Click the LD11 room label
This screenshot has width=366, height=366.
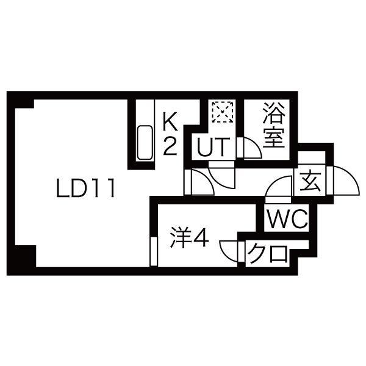tap(85, 188)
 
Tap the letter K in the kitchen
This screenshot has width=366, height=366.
tap(170, 120)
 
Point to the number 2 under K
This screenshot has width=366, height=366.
tap(170, 146)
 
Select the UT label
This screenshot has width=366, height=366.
tap(214, 147)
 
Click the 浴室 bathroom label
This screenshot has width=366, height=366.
tap(273, 125)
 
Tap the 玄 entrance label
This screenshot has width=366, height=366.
tap(310, 182)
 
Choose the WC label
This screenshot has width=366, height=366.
tap(287, 218)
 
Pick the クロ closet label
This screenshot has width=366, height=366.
tap(268, 254)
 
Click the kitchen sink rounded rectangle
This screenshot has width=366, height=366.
tap(145, 143)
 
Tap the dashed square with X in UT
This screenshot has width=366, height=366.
tap(223, 112)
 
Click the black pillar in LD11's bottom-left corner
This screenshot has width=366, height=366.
tap(25, 256)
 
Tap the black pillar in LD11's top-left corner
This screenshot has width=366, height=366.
tap(24, 104)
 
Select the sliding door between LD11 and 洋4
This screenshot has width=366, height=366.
tap(154, 251)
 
